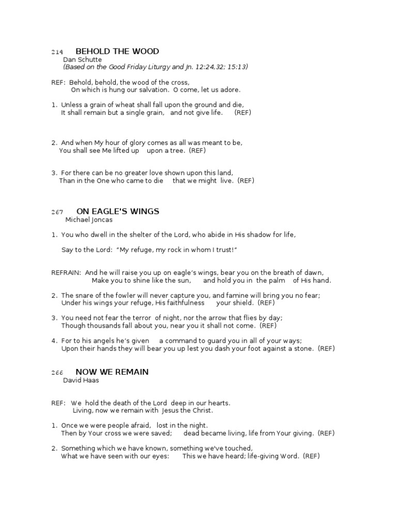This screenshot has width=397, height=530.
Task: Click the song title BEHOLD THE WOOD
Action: pos(117,51)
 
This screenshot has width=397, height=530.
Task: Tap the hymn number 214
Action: pos(57,52)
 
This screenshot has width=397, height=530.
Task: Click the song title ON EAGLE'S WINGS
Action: pos(117,211)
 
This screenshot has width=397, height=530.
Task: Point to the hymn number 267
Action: pos(57,212)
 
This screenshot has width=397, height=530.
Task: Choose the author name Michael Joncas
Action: pos(88,219)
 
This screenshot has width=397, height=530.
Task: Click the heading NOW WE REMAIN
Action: pos(112,372)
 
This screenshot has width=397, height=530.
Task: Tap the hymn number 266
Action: pos(57,373)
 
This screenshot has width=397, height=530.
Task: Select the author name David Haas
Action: pos(80,380)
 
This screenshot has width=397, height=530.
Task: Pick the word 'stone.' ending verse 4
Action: pos(303,348)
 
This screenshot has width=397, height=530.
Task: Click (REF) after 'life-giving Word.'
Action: pos(311,456)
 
